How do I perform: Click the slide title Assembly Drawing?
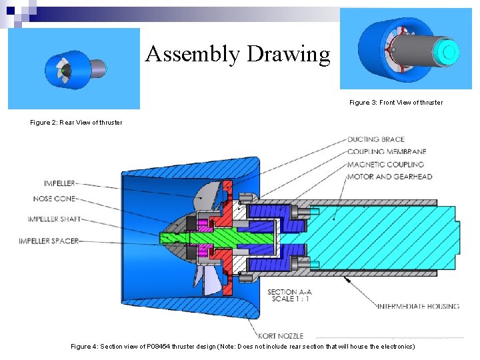point(237,54)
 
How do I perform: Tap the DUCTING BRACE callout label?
point(375,139)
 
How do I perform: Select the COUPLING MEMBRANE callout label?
point(387,152)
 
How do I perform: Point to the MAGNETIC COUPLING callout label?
point(385,164)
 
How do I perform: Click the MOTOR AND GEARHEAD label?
point(389,177)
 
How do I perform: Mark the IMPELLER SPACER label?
point(49,241)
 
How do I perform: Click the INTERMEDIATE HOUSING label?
point(418,307)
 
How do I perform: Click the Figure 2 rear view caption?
point(76,123)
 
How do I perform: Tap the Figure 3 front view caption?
point(395,103)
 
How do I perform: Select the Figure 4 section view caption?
point(243,347)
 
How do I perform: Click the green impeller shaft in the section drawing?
point(227,237)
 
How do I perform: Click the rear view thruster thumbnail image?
point(74,69)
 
